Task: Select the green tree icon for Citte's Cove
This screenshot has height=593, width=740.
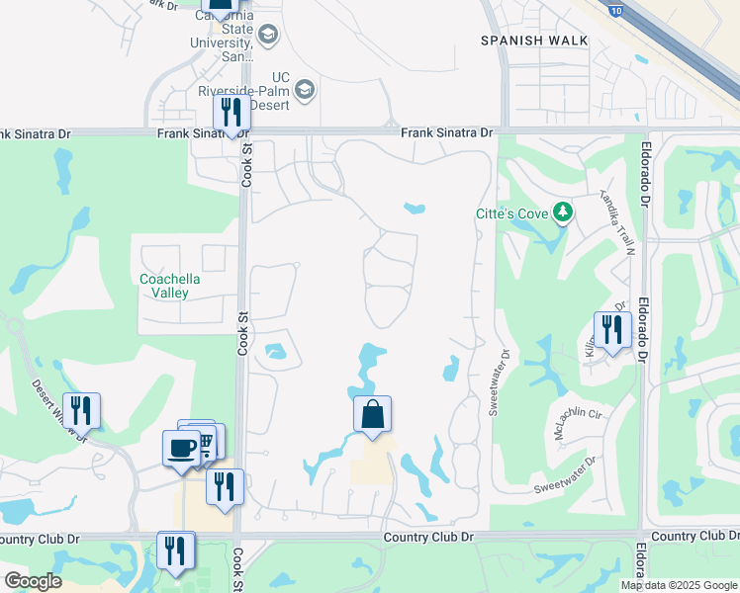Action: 562,211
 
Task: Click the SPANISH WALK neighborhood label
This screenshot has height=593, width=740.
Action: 534,41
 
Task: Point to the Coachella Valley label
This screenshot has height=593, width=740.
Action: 169,286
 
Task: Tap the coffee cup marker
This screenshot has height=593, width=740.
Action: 181,448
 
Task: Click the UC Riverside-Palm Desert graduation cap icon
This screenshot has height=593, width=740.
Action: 305,91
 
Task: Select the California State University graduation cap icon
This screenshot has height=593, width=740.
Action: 268,36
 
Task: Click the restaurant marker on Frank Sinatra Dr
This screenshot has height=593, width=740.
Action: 231,113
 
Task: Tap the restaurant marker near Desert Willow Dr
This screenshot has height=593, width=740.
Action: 81,410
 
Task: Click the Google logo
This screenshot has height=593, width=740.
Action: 32,581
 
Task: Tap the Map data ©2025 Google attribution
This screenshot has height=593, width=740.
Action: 680,585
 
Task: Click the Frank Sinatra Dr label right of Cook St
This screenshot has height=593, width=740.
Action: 446,132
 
